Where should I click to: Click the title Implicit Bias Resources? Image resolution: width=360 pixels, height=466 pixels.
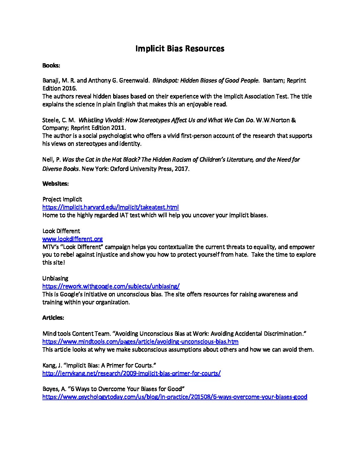tap(180, 49)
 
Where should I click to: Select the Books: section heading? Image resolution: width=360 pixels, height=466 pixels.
tap(51, 66)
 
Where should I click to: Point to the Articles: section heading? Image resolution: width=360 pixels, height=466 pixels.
tap(53, 318)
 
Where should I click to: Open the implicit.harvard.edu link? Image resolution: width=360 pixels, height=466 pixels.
tap(111, 207)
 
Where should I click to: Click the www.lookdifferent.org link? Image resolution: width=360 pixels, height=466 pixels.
tap(72, 239)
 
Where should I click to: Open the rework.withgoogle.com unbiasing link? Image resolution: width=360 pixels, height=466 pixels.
tap(111, 286)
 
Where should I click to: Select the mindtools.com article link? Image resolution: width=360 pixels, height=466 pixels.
tap(140, 342)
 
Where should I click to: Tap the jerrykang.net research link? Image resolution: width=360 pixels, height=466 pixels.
tap(131, 373)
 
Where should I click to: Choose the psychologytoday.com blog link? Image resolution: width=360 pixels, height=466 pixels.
tap(175, 397)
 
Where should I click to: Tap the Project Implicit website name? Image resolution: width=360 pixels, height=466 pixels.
tap(62, 199)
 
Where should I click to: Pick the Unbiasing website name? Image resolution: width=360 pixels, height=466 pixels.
tap(55, 278)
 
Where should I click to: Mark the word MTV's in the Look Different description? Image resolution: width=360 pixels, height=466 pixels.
tap(50, 247)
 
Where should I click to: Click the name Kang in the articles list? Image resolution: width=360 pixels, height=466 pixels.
tap(49, 365)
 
